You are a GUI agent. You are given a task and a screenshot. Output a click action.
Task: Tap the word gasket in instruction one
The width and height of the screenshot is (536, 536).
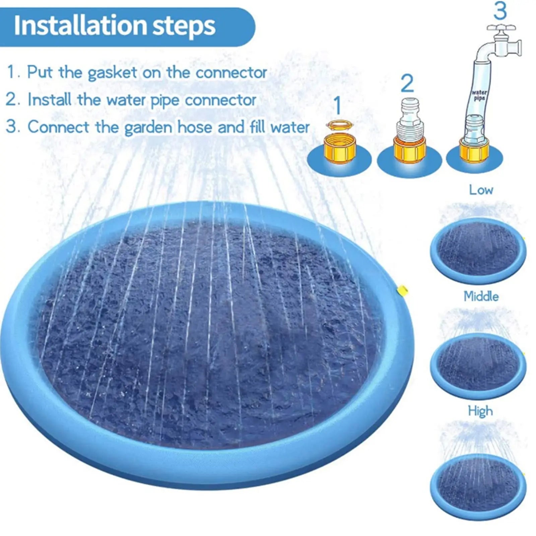click(113, 73)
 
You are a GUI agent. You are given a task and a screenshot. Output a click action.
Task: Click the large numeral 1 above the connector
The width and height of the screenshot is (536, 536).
click(338, 105)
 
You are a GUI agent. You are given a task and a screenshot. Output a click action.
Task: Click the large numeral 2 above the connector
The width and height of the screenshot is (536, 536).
click(407, 83)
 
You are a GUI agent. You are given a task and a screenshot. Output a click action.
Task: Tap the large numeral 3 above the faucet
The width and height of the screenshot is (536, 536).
click(500, 11)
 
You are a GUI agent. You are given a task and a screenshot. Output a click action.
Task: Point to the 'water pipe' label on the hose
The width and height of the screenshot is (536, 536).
click(479, 95)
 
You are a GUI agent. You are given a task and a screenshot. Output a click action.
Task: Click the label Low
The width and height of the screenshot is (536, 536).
click(481, 190)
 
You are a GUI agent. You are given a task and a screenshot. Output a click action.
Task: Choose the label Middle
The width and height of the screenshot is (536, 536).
click(481, 296)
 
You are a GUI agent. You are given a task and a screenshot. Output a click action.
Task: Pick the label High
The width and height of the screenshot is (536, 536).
click(480, 411)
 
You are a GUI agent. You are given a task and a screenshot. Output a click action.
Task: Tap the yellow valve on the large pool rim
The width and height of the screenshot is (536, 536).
click(402, 288)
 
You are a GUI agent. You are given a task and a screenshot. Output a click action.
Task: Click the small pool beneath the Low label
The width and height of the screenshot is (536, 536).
click(478, 251)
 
